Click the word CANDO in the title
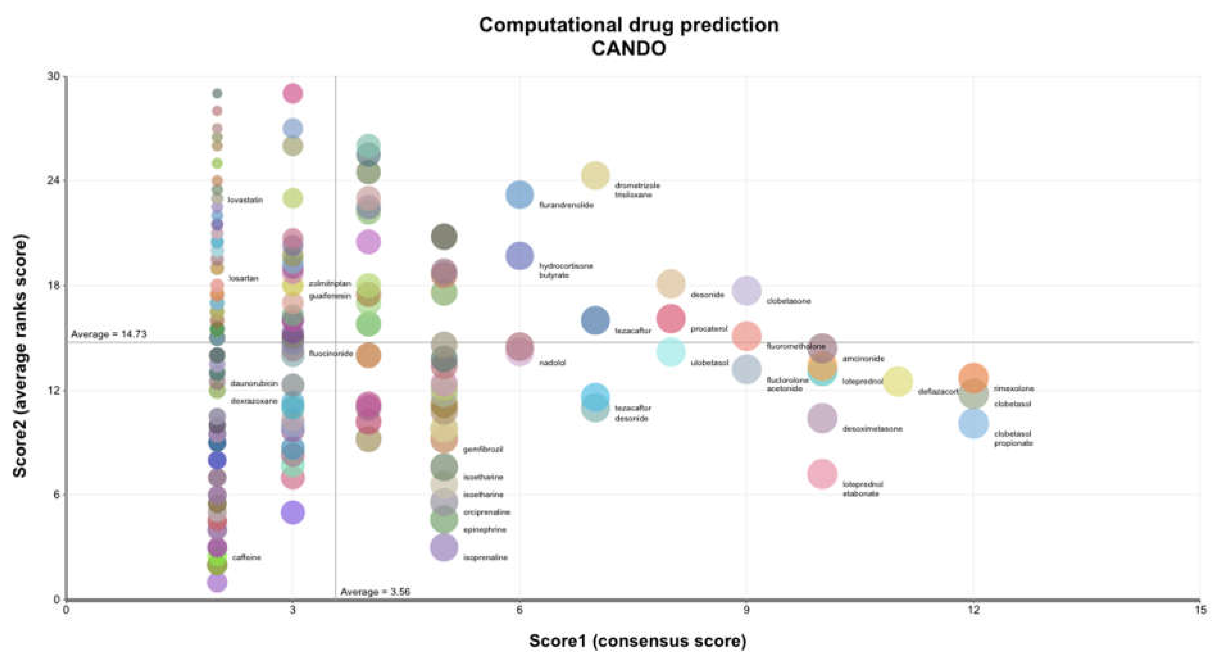(628, 48)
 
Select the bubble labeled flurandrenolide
(519, 195)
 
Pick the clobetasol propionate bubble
(973, 423)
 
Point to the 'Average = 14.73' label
(109, 334)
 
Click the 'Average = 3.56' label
(375, 592)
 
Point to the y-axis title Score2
(20, 355)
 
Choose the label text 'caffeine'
(246, 557)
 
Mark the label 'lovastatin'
(245, 200)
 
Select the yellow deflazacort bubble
(898, 381)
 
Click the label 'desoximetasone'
(872, 429)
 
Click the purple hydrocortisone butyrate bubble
(519, 256)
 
